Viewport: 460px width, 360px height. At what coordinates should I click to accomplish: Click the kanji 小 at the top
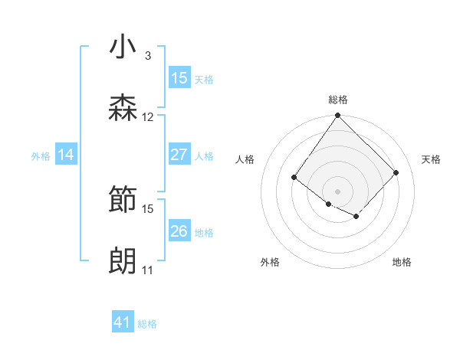click(x=123, y=47)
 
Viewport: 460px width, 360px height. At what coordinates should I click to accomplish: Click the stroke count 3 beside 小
click(x=147, y=56)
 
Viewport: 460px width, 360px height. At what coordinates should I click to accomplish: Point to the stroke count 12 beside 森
click(x=148, y=117)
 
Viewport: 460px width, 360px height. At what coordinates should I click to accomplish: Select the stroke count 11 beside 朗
click(x=147, y=270)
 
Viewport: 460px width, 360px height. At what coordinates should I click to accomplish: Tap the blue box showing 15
click(x=179, y=78)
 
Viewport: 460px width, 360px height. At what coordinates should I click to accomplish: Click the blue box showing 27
click(x=179, y=155)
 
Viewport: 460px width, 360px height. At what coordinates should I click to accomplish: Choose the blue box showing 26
click(x=179, y=231)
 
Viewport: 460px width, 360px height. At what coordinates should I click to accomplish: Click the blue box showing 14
click(x=66, y=155)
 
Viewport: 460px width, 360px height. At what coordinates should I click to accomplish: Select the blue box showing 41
click(x=123, y=322)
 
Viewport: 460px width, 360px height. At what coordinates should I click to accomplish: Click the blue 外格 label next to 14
click(x=41, y=156)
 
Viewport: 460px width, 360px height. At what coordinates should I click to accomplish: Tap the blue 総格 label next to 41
click(x=147, y=324)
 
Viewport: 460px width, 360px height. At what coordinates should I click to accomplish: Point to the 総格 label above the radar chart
click(x=338, y=100)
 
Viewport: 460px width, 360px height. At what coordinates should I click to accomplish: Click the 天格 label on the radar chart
click(x=431, y=159)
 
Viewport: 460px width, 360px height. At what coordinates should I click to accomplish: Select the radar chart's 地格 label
click(x=402, y=263)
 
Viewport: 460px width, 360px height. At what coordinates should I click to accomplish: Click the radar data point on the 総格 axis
click(x=337, y=116)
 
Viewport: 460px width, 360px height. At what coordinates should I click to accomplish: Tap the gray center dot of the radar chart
click(x=337, y=191)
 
